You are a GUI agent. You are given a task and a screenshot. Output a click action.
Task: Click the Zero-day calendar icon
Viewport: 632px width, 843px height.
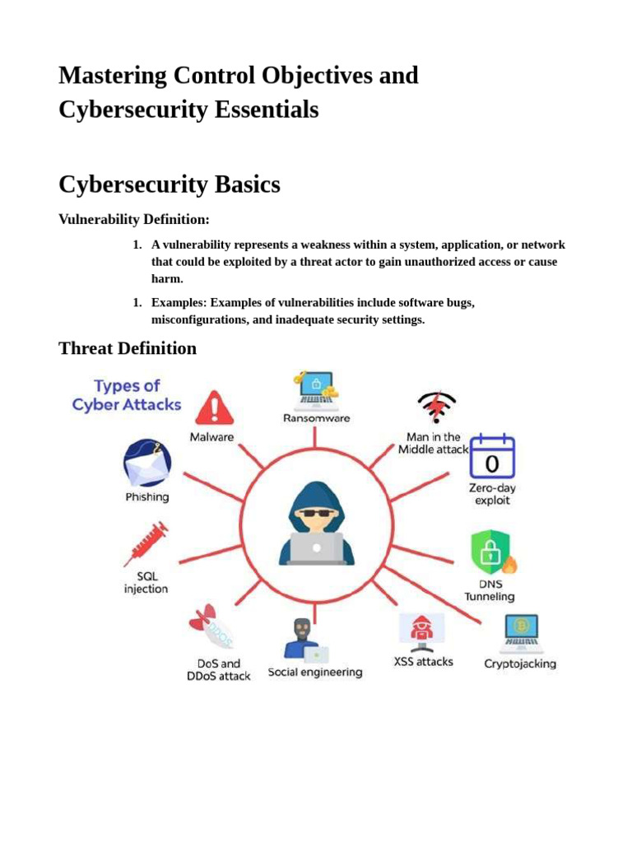pyautogui.click(x=491, y=457)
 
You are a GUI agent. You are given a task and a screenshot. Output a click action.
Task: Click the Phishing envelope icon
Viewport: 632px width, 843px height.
pyautogui.click(x=146, y=463)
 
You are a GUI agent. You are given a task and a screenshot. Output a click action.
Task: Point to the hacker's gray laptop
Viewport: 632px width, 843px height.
pyautogui.click(x=317, y=547)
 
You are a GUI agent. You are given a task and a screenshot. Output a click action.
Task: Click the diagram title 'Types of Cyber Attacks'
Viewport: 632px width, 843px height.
pyautogui.click(x=127, y=395)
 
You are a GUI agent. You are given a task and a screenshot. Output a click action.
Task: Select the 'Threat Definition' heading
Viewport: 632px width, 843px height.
pyautogui.click(x=128, y=348)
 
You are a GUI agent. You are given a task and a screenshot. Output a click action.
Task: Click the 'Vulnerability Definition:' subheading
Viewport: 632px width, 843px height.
pyautogui.click(x=134, y=219)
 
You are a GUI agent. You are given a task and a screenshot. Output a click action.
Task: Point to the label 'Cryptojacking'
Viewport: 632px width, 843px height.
pyautogui.click(x=520, y=664)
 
